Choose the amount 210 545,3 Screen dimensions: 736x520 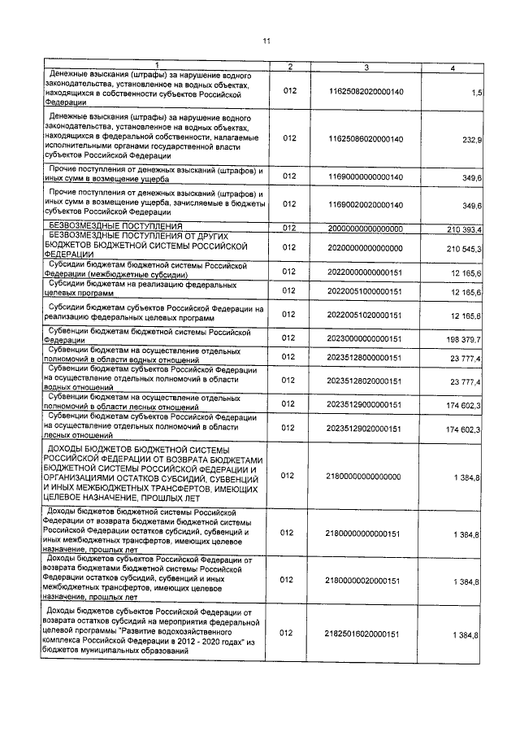coord(465,247)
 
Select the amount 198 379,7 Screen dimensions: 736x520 coord(465,338)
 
